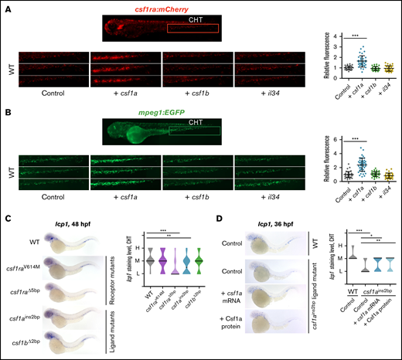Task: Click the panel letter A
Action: pos(6,7)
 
